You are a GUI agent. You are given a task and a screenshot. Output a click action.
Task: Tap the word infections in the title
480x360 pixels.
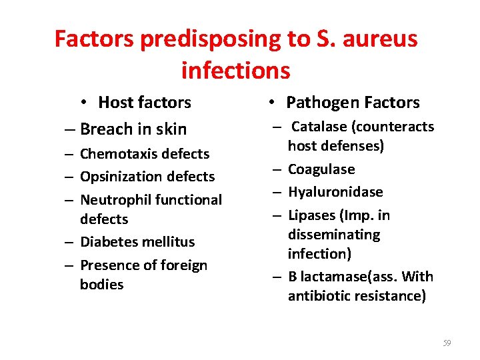[235, 70]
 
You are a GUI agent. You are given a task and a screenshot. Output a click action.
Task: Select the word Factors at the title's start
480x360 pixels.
[94, 39]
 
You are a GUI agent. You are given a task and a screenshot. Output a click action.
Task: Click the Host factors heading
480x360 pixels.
[144, 103]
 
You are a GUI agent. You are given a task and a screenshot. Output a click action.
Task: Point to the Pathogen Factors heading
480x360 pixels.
[353, 103]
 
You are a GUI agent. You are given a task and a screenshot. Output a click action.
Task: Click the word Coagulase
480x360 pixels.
[321, 169]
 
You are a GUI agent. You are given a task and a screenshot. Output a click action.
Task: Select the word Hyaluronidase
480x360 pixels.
[335, 192]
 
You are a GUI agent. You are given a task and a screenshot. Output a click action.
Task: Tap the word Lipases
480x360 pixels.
[312, 215]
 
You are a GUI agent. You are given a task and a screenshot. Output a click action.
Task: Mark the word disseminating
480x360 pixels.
[334, 235]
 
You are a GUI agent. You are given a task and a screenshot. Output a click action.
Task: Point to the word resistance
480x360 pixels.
[391, 296]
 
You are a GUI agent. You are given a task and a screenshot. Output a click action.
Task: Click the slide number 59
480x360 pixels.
[447, 343]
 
